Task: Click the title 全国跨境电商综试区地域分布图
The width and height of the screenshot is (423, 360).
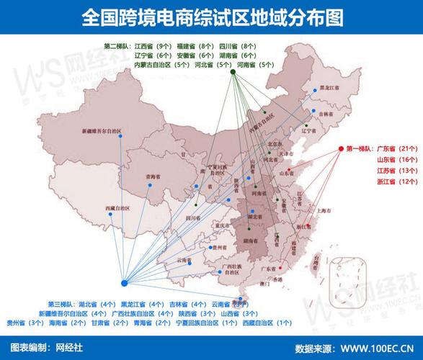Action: click(211, 17)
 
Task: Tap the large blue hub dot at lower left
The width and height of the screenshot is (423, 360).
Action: click(125, 283)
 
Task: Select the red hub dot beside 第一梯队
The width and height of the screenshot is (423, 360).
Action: click(341, 149)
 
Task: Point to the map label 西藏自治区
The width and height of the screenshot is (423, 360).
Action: click(117, 207)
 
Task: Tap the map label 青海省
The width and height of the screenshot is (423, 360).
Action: click(151, 176)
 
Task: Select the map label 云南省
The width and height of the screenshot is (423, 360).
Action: click(184, 259)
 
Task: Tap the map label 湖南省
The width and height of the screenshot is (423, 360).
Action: click(251, 240)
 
